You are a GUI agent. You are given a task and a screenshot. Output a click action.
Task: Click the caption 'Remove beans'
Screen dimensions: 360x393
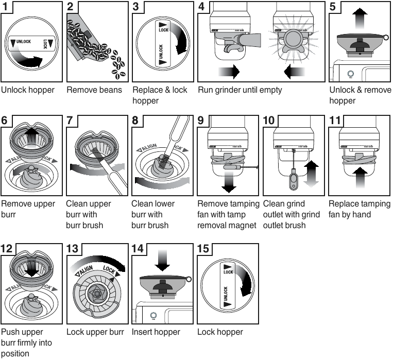click(x=94, y=90)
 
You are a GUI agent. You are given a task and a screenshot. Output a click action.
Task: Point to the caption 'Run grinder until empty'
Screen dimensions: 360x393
click(x=240, y=90)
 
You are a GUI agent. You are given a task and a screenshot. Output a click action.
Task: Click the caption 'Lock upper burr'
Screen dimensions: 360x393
click(x=95, y=332)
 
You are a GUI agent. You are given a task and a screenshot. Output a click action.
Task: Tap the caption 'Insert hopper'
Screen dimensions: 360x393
click(x=156, y=332)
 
